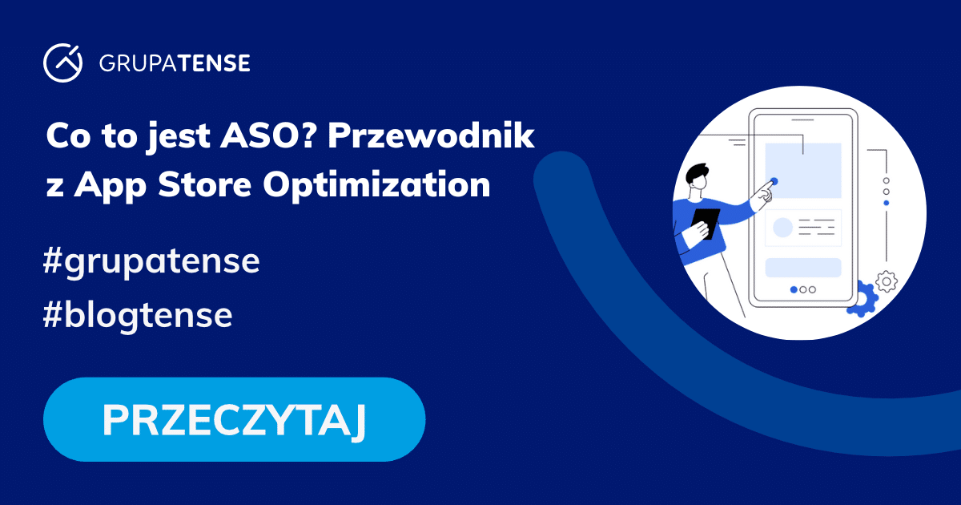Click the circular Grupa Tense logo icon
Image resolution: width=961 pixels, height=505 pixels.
(63, 63)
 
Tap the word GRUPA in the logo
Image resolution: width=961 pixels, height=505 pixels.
(130, 63)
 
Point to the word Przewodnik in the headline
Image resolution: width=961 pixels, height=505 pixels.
(431, 136)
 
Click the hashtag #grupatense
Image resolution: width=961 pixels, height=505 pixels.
(152, 263)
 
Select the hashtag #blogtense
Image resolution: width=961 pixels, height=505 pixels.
(139, 316)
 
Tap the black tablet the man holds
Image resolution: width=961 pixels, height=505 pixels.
(706, 222)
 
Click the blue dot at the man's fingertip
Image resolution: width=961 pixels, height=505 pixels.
(774, 181)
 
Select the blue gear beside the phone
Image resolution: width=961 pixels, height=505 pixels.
(863, 297)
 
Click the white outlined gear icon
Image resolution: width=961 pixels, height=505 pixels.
(887, 281)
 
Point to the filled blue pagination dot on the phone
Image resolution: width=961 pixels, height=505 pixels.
(794, 289)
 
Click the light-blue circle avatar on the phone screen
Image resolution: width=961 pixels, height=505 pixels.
(782, 228)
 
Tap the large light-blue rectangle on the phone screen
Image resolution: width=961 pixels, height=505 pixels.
(802, 170)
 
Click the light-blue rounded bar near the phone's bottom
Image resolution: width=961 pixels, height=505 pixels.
(802, 268)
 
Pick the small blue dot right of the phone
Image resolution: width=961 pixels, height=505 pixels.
(886, 203)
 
